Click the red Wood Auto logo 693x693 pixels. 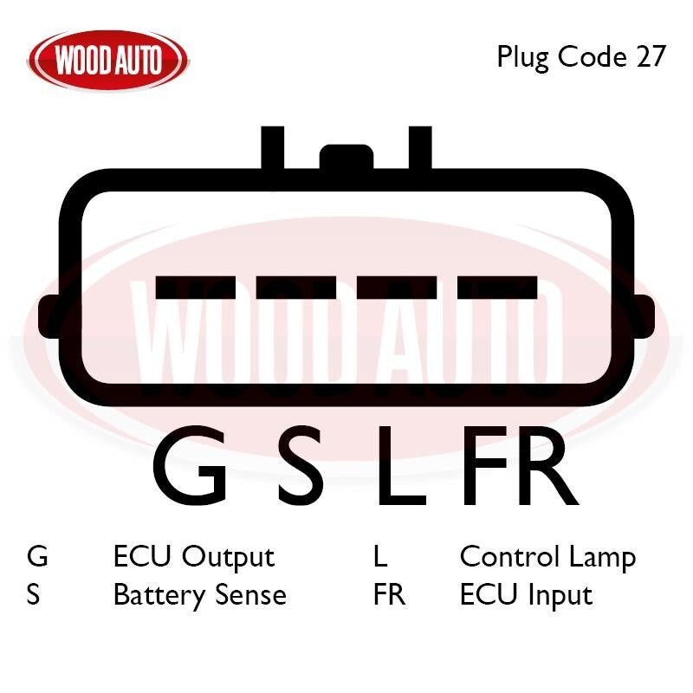(x=108, y=60)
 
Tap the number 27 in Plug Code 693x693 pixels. (x=651, y=56)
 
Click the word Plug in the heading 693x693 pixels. (x=523, y=57)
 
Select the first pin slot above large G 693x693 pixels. (x=196, y=287)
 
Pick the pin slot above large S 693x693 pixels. (x=296, y=287)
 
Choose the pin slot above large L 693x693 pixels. (x=397, y=287)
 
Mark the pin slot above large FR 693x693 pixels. (x=497, y=287)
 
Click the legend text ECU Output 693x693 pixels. (x=194, y=558)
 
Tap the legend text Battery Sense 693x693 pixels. (x=200, y=596)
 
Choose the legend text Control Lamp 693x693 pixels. (x=548, y=558)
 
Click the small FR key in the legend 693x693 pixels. (x=389, y=595)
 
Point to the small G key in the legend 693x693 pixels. (x=37, y=556)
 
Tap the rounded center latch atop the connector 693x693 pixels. (x=346, y=157)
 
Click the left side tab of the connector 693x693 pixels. (x=49, y=316)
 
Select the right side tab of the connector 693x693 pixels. (x=644, y=316)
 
